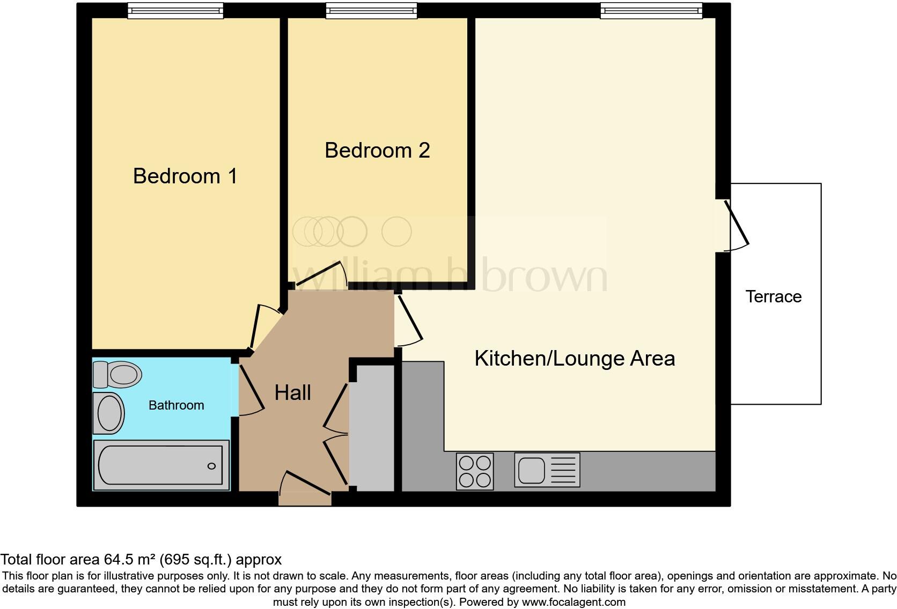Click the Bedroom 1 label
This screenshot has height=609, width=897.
(x=185, y=176)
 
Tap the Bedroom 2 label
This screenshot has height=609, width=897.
(x=377, y=151)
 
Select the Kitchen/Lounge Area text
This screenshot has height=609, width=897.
(x=575, y=359)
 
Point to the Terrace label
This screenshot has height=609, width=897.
(x=773, y=296)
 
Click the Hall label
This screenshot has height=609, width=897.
(x=292, y=393)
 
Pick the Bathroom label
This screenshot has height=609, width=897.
(x=176, y=405)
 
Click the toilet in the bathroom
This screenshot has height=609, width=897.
(x=117, y=374)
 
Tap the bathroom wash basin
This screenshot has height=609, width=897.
(x=108, y=413)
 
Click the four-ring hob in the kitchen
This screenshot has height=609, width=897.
(x=475, y=471)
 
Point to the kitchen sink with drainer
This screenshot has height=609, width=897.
(x=547, y=470)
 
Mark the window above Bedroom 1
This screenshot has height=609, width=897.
(x=175, y=11)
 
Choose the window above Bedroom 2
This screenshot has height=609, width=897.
(x=371, y=11)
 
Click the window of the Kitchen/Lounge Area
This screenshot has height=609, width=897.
(x=651, y=11)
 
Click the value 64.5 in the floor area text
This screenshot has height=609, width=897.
(x=120, y=560)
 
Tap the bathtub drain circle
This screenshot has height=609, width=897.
(x=211, y=466)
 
